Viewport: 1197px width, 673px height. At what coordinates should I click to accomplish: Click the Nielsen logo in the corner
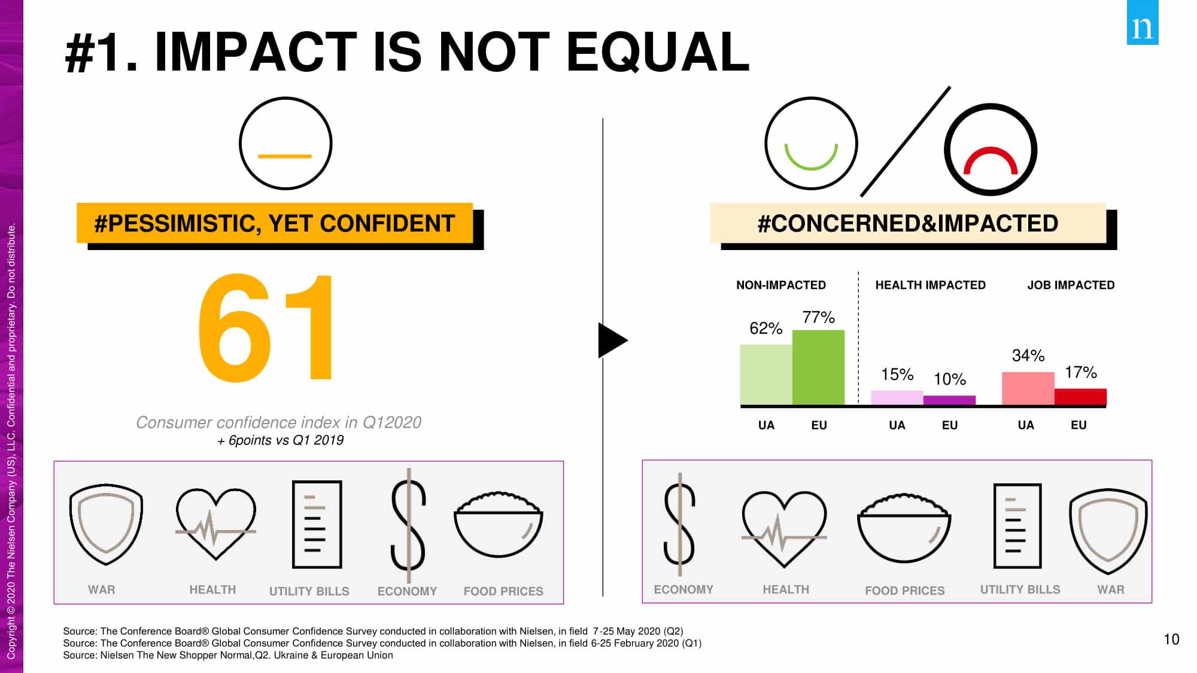[x=1142, y=23]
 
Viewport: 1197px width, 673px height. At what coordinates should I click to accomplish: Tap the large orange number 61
[x=267, y=327]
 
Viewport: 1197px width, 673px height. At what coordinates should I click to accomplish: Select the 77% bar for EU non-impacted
[x=818, y=367]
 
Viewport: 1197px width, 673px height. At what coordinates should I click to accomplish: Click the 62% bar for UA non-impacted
[x=766, y=375]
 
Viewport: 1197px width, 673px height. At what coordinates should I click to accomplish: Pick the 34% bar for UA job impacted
[x=1028, y=388]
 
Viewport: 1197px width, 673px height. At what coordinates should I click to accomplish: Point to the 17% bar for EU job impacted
[x=1080, y=397]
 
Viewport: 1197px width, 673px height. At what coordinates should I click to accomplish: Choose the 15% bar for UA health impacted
[x=897, y=398]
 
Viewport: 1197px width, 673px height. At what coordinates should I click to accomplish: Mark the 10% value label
[x=950, y=379]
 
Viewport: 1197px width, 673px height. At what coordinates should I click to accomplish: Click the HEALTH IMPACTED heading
[x=930, y=285]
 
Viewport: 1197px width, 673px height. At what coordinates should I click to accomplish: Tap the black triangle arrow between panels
[x=611, y=340]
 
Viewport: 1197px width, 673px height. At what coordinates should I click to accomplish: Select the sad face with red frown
[x=991, y=150]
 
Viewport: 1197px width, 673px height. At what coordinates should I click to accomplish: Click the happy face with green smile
[x=811, y=144]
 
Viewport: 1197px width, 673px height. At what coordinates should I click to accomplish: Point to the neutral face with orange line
[x=285, y=144]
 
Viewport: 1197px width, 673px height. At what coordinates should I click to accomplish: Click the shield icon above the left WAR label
[x=106, y=524]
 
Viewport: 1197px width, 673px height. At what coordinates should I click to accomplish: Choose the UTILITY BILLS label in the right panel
[x=1020, y=590]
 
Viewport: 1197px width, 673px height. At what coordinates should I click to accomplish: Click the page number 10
[x=1171, y=639]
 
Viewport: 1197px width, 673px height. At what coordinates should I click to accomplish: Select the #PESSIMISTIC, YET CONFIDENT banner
[x=275, y=224]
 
